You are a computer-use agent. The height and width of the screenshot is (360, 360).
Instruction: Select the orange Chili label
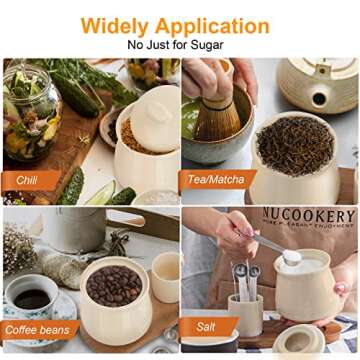[27, 180]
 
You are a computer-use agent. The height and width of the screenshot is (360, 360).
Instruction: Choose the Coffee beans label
[40, 329]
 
